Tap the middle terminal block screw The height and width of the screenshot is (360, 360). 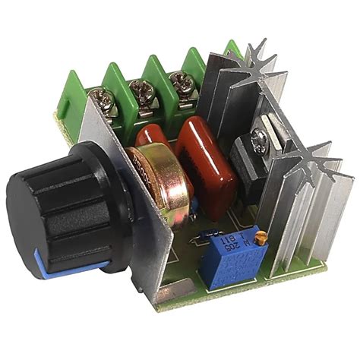tap(142, 89)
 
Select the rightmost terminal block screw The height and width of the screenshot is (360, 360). tap(180, 81)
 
